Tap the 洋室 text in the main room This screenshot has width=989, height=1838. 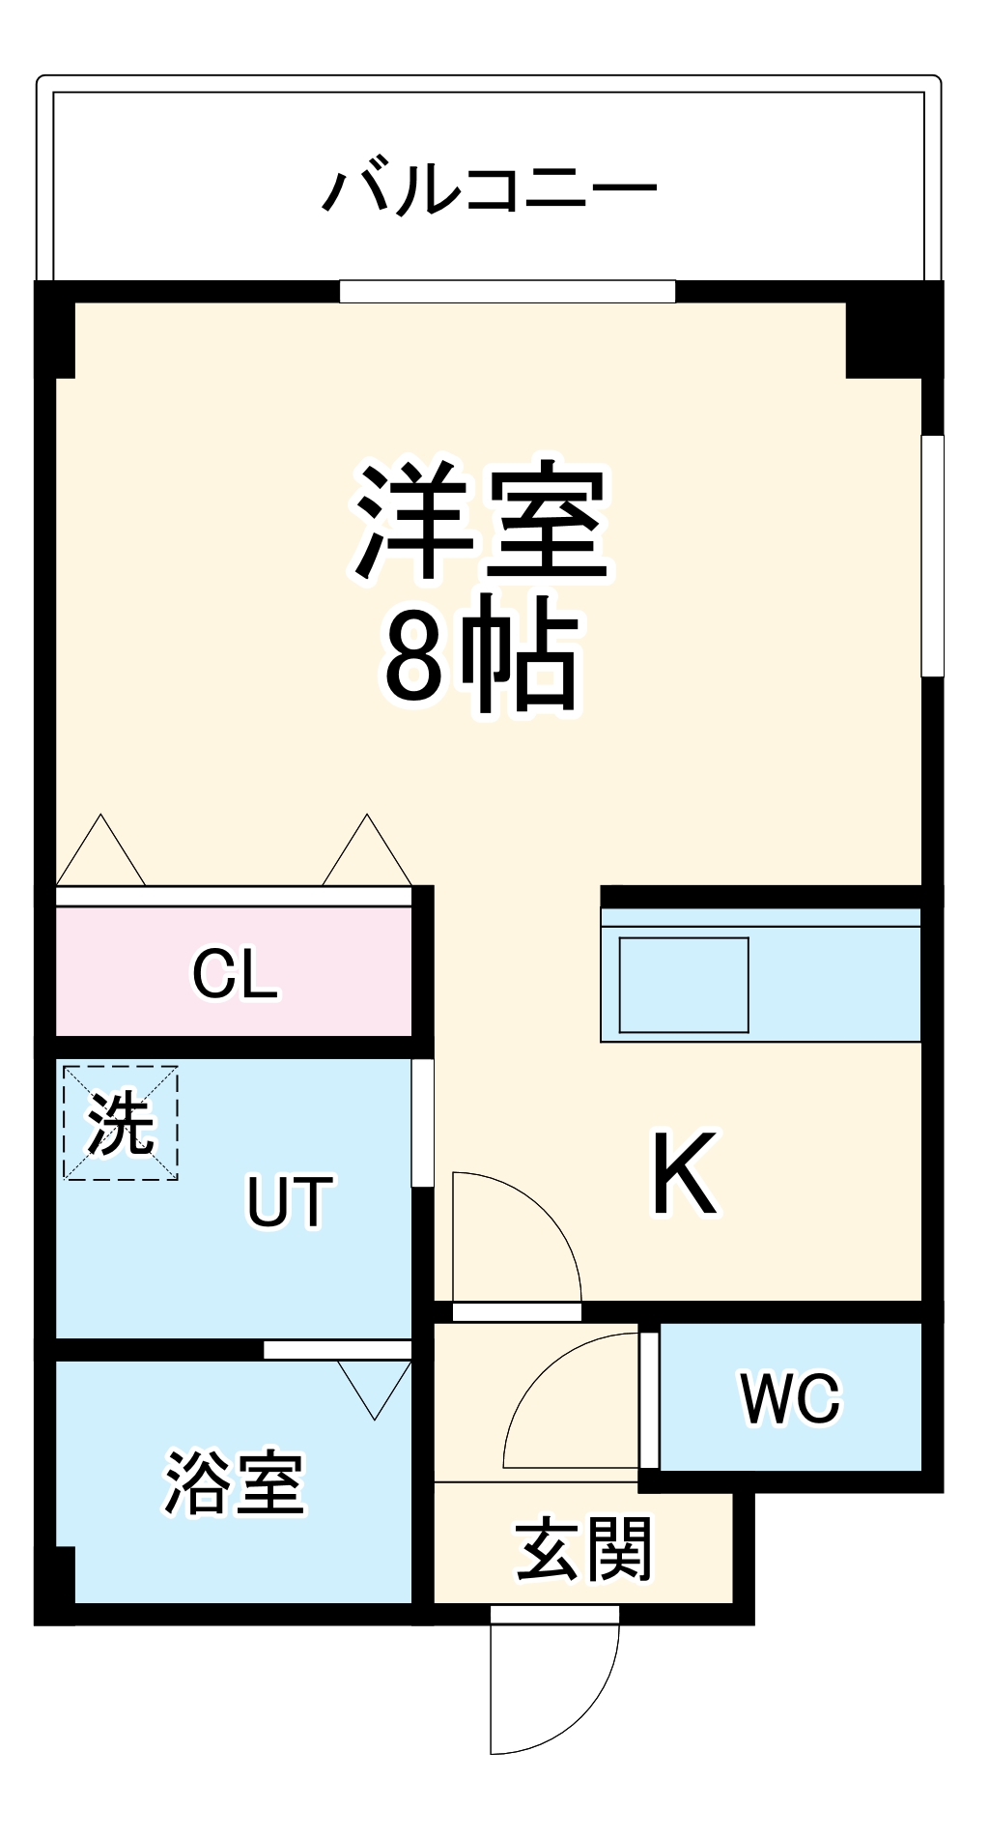click(x=480, y=523)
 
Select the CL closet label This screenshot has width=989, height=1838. click(x=235, y=973)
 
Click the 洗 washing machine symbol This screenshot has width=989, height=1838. click(x=121, y=1122)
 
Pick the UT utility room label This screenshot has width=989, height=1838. click(x=290, y=1200)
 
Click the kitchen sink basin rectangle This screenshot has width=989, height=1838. click(x=684, y=984)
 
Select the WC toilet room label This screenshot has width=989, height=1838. click(x=790, y=1397)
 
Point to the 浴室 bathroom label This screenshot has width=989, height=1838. click(x=235, y=1483)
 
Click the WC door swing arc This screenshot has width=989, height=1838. click(x=570, y=1401)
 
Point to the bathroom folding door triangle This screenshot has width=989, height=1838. click(x=375, y=1385)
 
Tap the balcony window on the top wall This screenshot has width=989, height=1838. click(x=507, y=291)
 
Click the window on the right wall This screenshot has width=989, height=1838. click(x=932, y=556)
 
